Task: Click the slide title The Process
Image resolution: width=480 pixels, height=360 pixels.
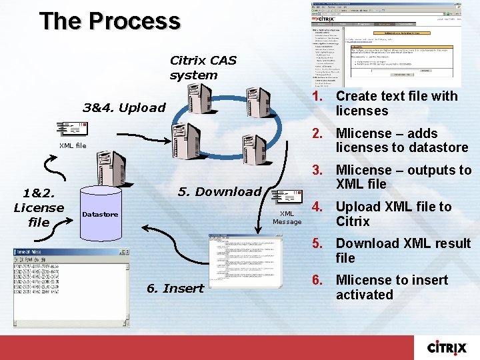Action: (x=110, y=21)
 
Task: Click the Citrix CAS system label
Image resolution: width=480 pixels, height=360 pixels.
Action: (x=203, y=67)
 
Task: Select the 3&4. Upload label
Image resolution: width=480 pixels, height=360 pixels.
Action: (x=123, y=107)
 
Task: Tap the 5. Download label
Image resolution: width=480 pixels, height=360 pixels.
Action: (x=219, y=192)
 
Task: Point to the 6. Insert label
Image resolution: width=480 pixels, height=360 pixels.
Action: (x=175, y=289)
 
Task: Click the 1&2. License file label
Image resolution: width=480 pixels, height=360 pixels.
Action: (x=39, y=207)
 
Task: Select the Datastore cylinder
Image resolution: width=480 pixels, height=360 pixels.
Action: (x=100, y=214)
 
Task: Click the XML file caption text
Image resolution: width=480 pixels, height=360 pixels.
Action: (x=72, y=145)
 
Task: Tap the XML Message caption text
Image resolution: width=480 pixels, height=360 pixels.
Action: (x=287, y=217)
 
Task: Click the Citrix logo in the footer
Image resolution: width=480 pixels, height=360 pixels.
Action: (x=451, y=347)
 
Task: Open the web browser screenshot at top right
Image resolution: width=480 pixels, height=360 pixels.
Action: (x=386, y=44)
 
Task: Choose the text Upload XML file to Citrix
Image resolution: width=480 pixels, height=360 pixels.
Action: (x=393, y=214)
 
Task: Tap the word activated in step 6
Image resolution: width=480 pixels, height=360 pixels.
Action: (x=364, y=295)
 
